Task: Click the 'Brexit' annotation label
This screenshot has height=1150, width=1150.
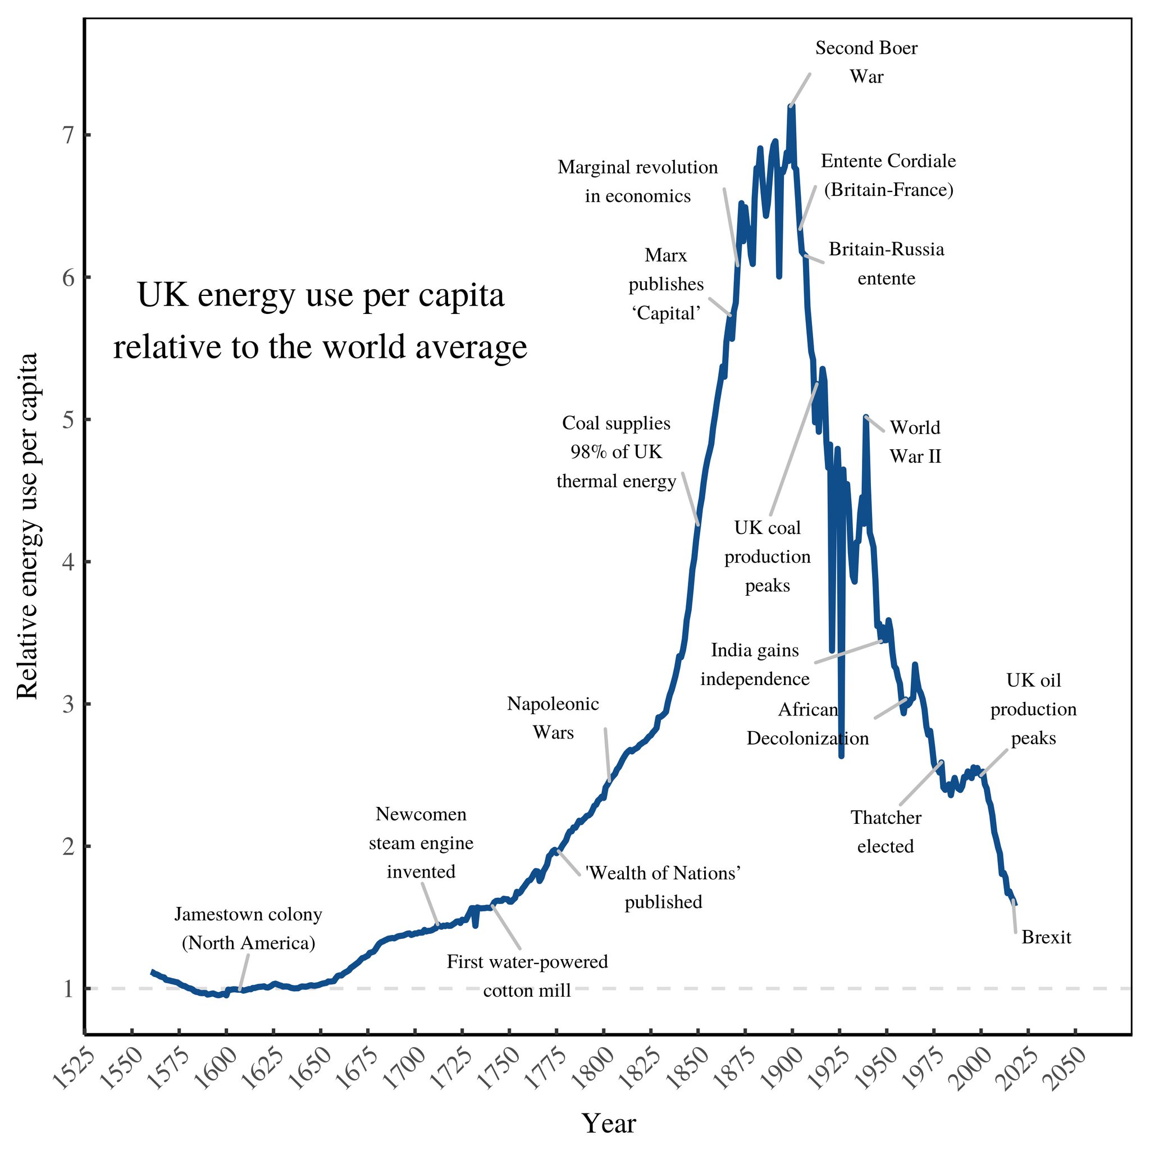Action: [1046, 938]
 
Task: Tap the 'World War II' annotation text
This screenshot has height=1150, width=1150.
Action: [915, 442]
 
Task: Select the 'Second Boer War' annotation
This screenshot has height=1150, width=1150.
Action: [866, 62]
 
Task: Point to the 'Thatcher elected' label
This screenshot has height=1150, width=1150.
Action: [885, 832]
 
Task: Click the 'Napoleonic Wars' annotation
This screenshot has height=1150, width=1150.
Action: [553, 718]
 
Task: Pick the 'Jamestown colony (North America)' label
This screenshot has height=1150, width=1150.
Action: [248, 929]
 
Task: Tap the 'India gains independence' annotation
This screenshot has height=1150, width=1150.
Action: [755, 664]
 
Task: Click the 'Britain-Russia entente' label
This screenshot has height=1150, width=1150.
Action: [886, 263]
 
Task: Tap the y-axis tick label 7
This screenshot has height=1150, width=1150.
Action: [69, 135]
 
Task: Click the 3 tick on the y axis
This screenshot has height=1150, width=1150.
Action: [69, 704]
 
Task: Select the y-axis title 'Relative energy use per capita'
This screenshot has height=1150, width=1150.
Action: [28, 526]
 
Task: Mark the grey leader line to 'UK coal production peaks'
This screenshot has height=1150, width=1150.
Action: [793, 449]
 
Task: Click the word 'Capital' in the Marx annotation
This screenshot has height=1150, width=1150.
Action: [665, 313]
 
